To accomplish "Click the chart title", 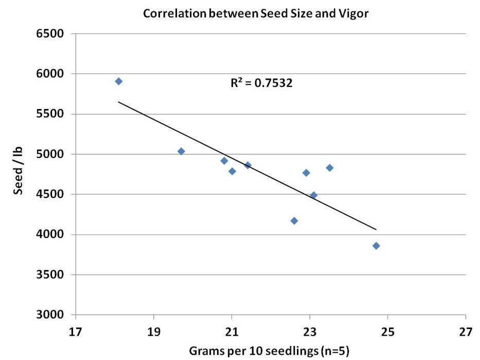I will pyautogui.click(x=256, y=14).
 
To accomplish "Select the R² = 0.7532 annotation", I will pyautogui.click(x=261, y=83).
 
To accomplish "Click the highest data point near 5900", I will pyautogui.click(x=119, y=81).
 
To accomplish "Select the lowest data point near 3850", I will pyautogui.click(x=376, y=246).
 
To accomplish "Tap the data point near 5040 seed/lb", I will pyautogui.click(x=181, y=151).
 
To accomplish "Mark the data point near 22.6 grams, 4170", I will pyautogui.click(x=294, y=221).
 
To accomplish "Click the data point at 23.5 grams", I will pyautogui.click(x=330, y=168).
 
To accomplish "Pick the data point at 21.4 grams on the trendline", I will pyautogui.click(x=247, y=165).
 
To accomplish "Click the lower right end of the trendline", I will pyautogui.click(x=376, y=229).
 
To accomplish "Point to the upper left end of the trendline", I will pyautogui.click(x=119, y=102).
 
